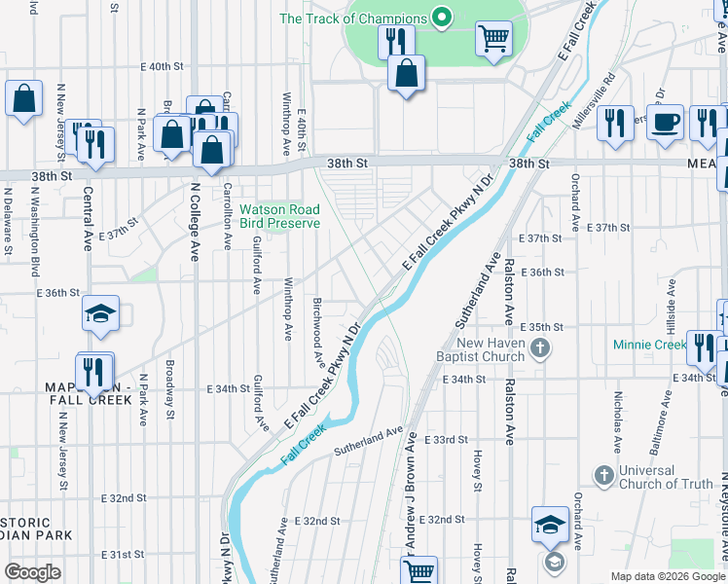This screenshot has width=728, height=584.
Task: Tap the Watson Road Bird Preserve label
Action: pyautogui.click(x=279, y=216)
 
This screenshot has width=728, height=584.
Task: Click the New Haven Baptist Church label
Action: pyautogui.click(x=491, y=349)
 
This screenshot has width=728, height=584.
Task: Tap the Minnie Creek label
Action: pyautogui.click(x=650, y=345)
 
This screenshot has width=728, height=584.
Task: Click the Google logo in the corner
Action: pyautogui.click(x=32, y=572)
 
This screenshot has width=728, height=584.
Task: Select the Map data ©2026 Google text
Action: pyautogui.click(x=668, y=576)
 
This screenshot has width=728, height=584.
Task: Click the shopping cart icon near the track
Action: pyautogui.click(x=493, y=40)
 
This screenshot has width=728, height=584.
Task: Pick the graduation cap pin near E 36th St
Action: pyautogui.click(x=100, y=313)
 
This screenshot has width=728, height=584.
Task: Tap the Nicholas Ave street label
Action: pyautogui.click(x=617, y=422)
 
